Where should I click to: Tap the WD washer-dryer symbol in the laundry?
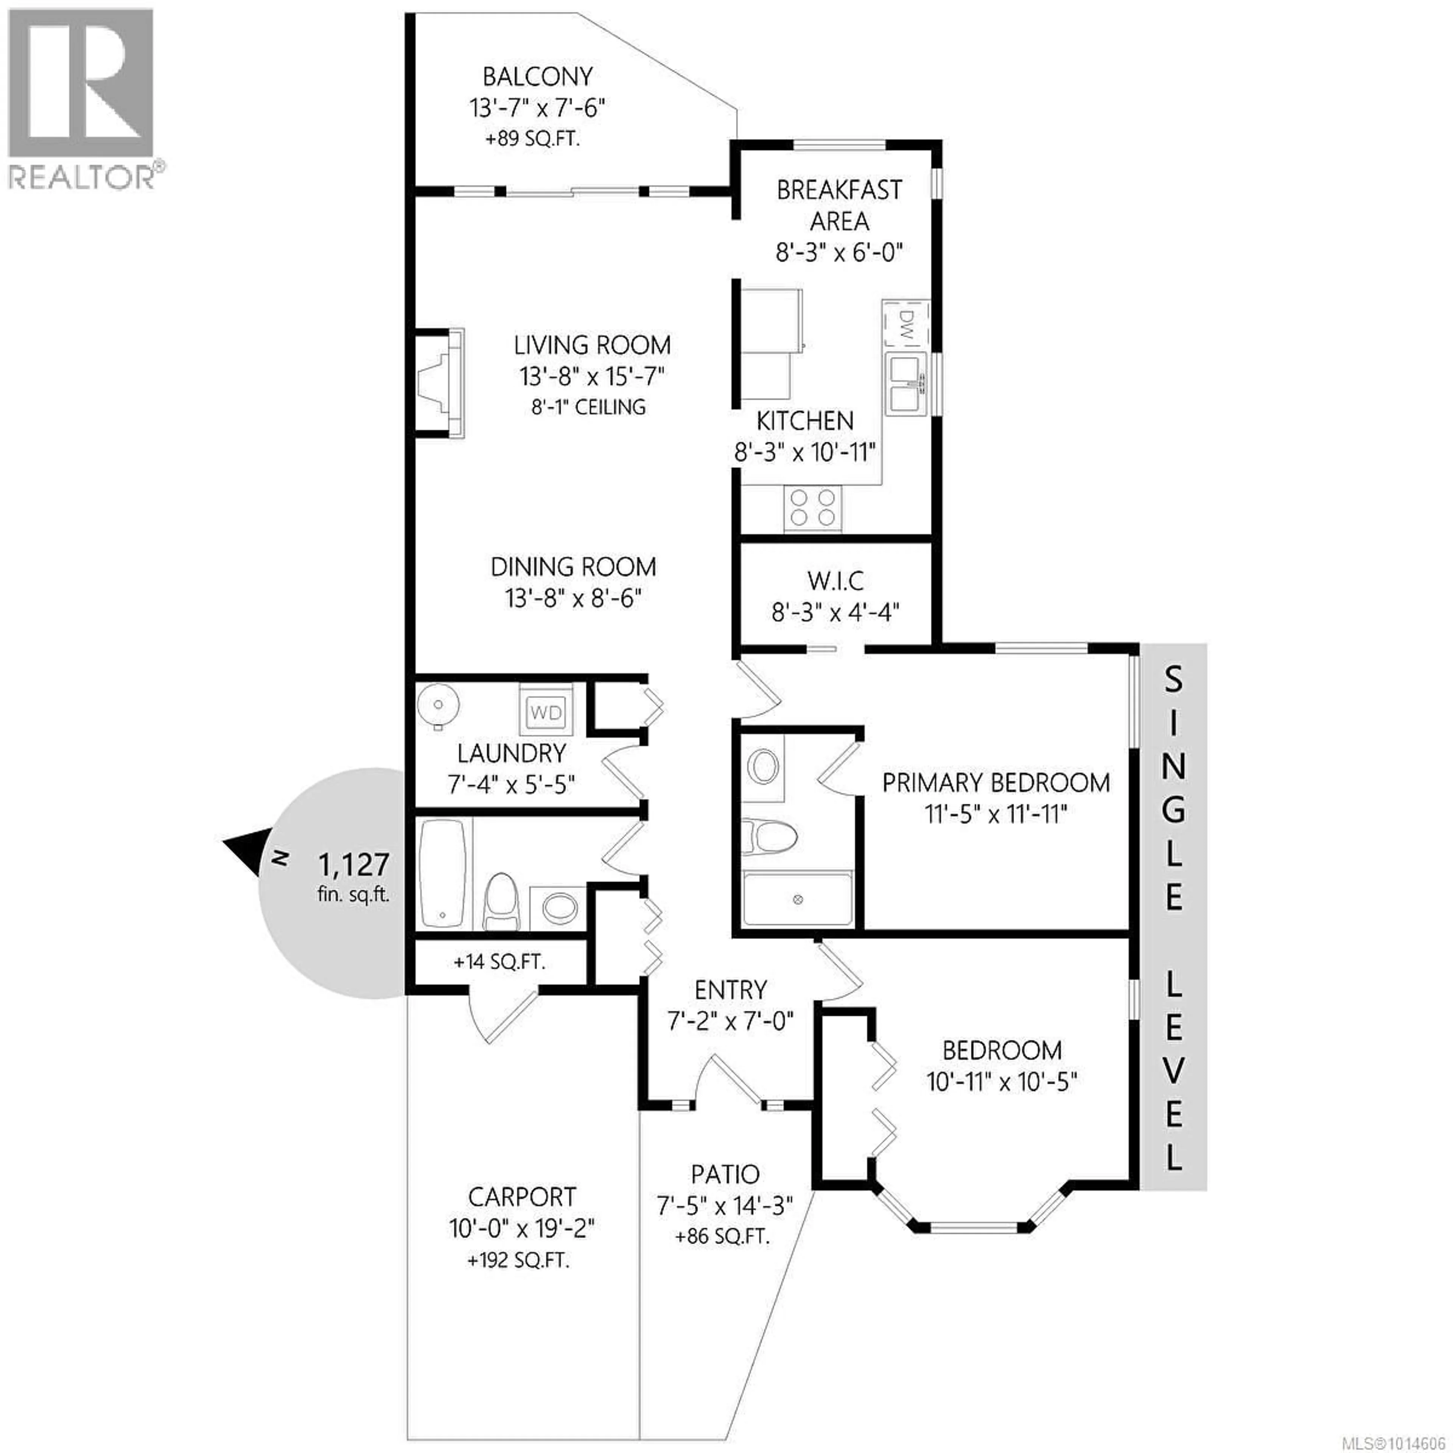[545, 711]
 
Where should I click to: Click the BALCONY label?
[538, 77]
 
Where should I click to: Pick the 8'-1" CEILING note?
[589, 407]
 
